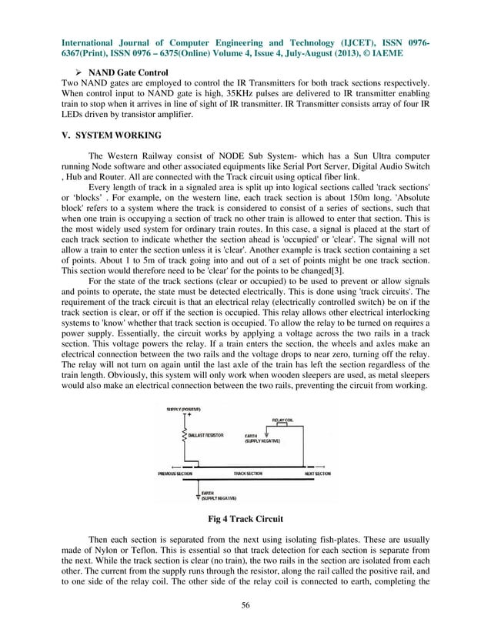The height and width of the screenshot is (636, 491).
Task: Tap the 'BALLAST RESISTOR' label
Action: pos(206,435)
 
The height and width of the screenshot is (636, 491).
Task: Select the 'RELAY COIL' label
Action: pos(282,420)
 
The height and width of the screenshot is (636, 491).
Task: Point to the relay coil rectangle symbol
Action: pos(282,425)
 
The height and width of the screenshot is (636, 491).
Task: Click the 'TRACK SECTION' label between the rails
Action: pos(239,474)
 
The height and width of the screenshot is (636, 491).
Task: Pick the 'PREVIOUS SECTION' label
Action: pos(175,474)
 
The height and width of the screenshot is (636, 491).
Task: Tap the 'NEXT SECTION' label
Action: pos(316,474)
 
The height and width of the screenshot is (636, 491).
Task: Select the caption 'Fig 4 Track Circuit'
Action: pos(245,518)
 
